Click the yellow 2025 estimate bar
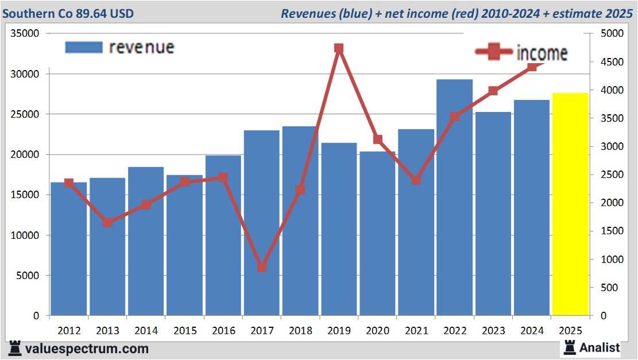click(x=570, y=204)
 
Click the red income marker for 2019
click(x=339, y=49)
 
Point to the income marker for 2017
click(x=262, y=267)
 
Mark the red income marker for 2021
click(x=416, y=180)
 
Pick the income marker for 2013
click(x=107, y=222)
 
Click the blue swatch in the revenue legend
click(x=84, y=47)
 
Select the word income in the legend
click(x=542, y=53)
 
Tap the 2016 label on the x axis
click(x=223, y=331)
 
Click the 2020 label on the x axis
click(x=377, y=331)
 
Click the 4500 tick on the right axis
click(x=610, y=62)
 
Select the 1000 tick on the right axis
click(x=610, y=260)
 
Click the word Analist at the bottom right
click(x=600, y=347)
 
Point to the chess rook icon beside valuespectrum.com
click(x=14, y=348)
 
